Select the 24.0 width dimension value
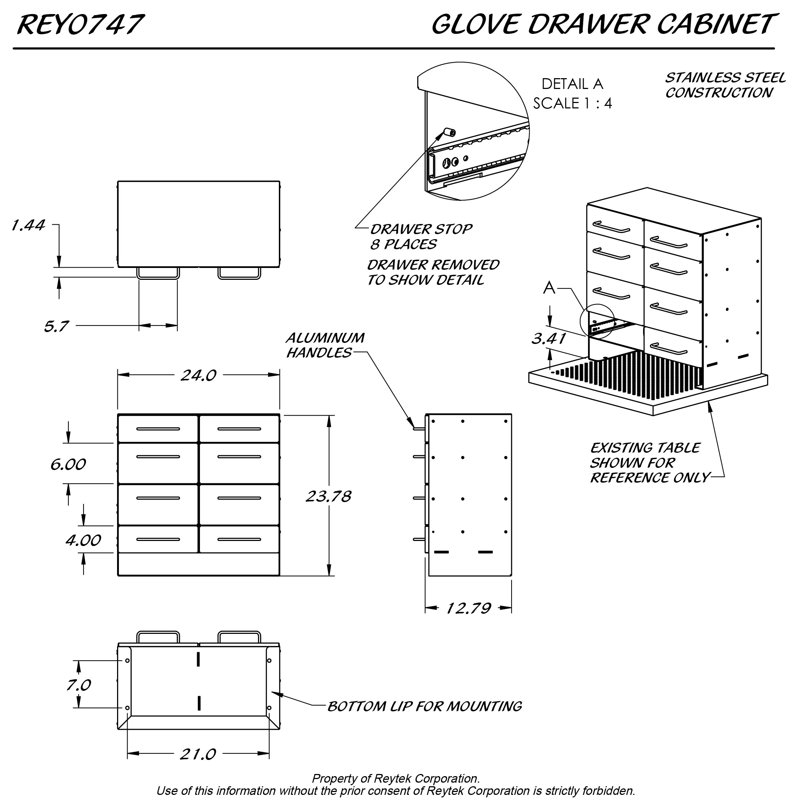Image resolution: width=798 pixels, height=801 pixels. tap(198, 376)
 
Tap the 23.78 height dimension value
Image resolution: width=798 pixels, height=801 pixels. tap(328, 496)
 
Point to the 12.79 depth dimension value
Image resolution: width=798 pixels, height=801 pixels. tap(468, 608)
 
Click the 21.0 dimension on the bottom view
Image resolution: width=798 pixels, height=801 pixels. tap(198, 754)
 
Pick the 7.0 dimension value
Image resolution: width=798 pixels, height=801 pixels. tap(79, 685)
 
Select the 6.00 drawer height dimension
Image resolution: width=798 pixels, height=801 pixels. tap(68, 464)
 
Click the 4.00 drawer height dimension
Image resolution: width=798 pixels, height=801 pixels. tap(83, 540)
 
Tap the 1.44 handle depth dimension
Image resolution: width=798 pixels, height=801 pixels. tap(28, 225)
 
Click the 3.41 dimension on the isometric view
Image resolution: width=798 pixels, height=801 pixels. tap(549, 339)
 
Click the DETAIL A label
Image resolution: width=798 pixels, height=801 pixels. tap(572, 84)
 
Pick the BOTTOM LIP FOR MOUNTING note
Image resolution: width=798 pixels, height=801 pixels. tap(424, 706)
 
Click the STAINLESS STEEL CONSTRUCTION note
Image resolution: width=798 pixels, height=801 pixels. tap(725, 85)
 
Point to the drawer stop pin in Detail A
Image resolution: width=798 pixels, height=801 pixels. tap(450, 132)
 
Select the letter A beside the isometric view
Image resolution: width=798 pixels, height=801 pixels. tap(549, 287)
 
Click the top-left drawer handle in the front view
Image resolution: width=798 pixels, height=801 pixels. tap(158, 429)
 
